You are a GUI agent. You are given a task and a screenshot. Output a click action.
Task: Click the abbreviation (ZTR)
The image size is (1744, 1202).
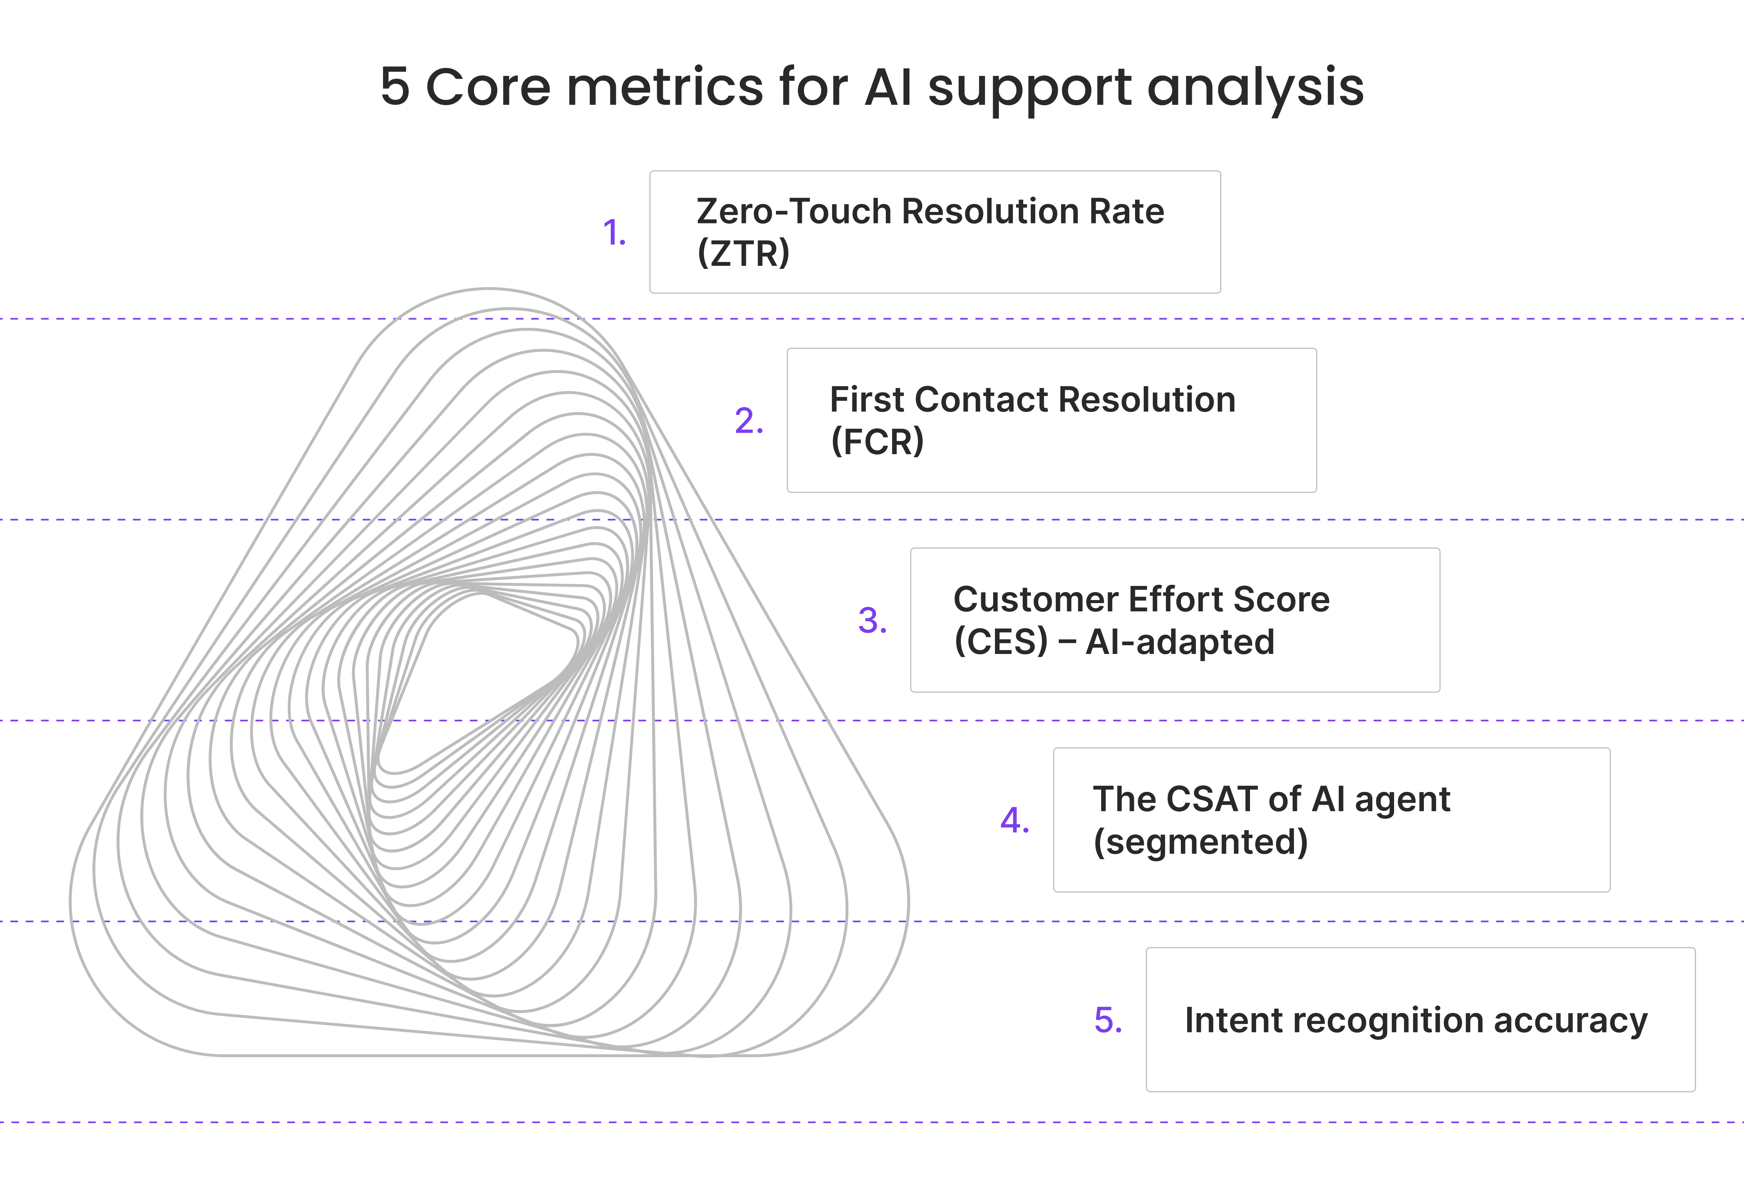coord(743,253)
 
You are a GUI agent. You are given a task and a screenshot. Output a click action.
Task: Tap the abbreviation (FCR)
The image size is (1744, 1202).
coord(877,441)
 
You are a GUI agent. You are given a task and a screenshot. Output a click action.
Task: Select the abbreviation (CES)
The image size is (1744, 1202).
coord(1000,642)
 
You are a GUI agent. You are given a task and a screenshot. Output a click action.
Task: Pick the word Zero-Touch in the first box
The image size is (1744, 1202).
coord(792,212)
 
